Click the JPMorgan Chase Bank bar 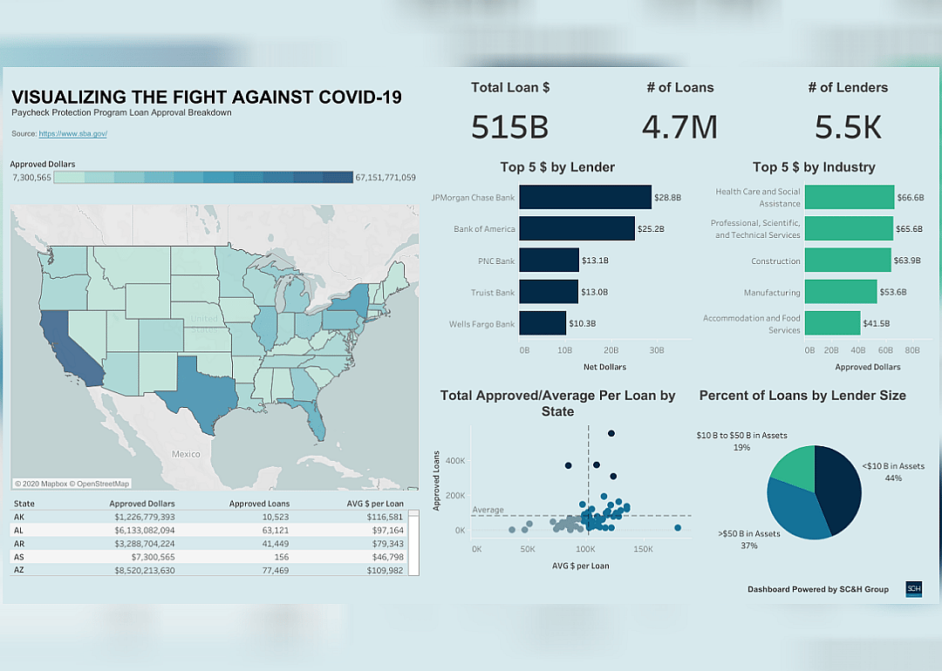coord(585,197)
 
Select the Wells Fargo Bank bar coord(543,323)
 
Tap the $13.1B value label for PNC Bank coord(595,261)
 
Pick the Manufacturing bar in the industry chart coord(841,292)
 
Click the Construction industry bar coord(848,261)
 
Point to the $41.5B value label coord(876,323)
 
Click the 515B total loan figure coord(509,127)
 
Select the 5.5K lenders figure coord(848,127)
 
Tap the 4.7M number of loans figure coord(679,127)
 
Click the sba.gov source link coord(72,134)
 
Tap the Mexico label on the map coord(186,454)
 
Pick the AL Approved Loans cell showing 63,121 coord(275,531)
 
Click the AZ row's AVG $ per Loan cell coord(385,570)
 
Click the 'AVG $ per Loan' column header coord(375,504)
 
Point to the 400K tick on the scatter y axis coord(455,461)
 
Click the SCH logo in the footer coord(914,589)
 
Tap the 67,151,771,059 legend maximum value coord(386,178)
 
